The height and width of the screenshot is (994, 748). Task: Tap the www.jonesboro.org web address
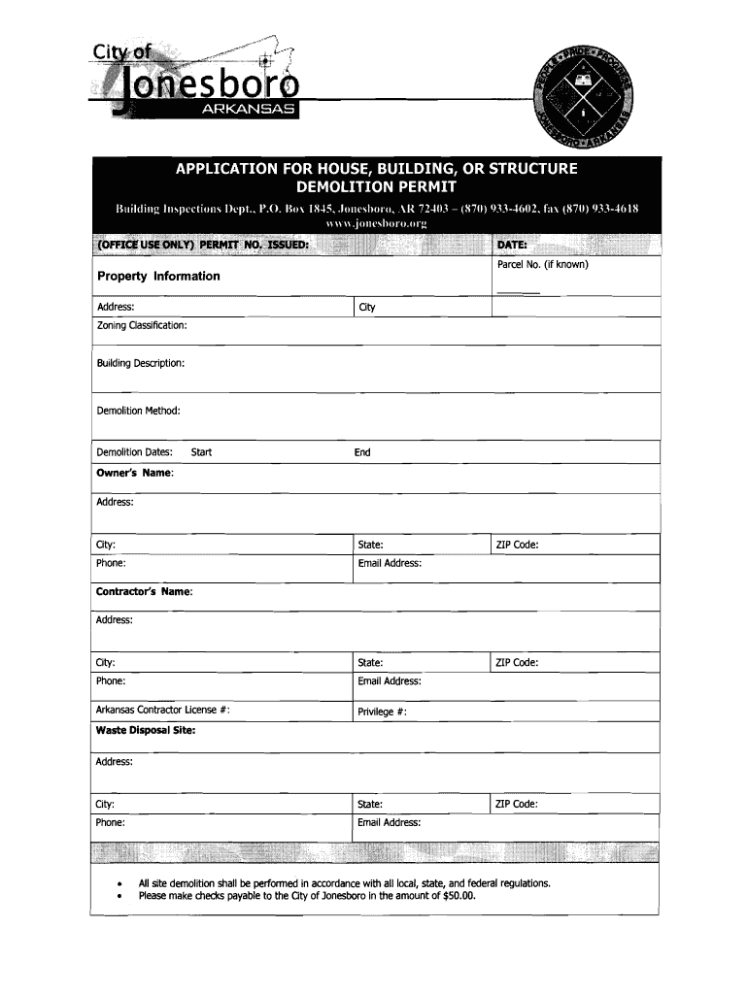(375, 223)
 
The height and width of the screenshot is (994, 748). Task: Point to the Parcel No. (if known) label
(542, 264)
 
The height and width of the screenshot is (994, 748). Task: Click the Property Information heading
(158, 277)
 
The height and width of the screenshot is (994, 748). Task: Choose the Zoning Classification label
(142, 325)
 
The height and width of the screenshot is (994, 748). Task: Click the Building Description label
(140, 363)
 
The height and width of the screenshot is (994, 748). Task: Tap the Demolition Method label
(138, 411)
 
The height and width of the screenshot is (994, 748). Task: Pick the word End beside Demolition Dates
(362, 452)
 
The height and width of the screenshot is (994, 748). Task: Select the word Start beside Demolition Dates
(201, 452)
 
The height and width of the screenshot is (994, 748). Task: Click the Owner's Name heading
(135, 473)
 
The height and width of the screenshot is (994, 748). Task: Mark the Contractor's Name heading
(144, 591)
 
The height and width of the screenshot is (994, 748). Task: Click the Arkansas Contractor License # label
(163, 711)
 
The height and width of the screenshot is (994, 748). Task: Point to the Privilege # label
(382, 712)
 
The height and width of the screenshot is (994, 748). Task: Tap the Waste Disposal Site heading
(145, 731)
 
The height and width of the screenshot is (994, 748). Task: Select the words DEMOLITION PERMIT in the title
(375, 185)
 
